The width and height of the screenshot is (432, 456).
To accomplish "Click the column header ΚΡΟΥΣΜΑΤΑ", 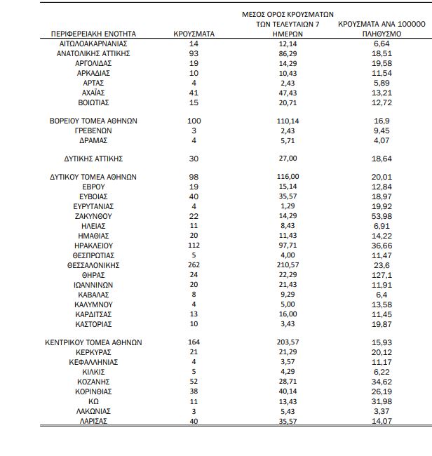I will [x=194, y=34].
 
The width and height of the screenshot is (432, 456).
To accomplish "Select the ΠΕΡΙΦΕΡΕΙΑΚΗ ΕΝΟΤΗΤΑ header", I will [x=93, y=34].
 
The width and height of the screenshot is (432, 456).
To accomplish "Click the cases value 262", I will [x=194, y=266].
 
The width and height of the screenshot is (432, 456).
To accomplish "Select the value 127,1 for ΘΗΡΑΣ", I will [x=382, y=276].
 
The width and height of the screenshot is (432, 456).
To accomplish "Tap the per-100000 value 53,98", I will [x=382, y=217].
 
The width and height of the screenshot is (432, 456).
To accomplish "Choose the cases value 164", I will [x=194, y=343].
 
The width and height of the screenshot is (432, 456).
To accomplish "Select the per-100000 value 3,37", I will [x=382, y=411].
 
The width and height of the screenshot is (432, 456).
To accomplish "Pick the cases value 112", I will [x=194, y=246].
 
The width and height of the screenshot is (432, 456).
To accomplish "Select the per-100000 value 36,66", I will [x=382, y=246].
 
